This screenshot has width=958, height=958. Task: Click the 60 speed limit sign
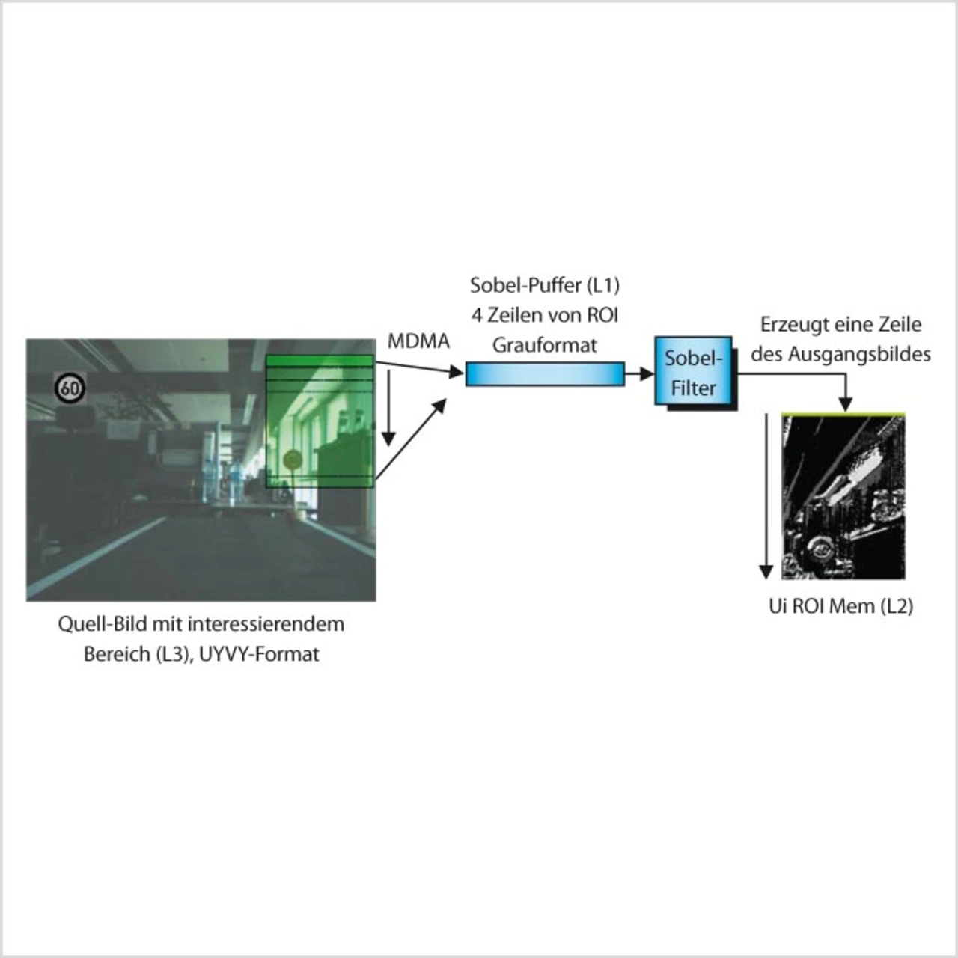[70, 388]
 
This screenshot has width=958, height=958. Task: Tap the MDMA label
[418, 341]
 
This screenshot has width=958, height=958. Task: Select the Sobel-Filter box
[694, 372]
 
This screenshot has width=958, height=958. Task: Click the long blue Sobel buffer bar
[545, 373]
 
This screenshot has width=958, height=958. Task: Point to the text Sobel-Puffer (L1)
[545, 285]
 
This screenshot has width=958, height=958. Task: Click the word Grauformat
[545, 345]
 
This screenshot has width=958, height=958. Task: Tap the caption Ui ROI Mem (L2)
[840, 605]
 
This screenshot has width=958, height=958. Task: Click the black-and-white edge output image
[843, 498]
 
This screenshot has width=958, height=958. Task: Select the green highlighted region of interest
[320, 421]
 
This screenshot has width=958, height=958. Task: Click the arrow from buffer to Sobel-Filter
[639, 373]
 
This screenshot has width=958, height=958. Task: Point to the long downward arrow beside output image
[766, 494]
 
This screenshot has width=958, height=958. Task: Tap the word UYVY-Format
[259, 654]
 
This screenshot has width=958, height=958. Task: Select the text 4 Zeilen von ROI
[545, 315]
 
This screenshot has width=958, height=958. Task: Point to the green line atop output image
[843, 413]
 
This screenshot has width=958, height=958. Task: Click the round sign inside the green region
[292, 459]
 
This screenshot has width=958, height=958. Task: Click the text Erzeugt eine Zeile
[840, 325]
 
